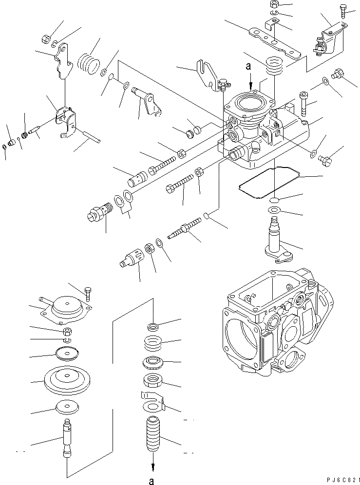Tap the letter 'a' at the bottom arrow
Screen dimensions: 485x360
click(x=153, y=481)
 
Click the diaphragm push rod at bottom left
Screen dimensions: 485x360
click(x=66, y=437)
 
